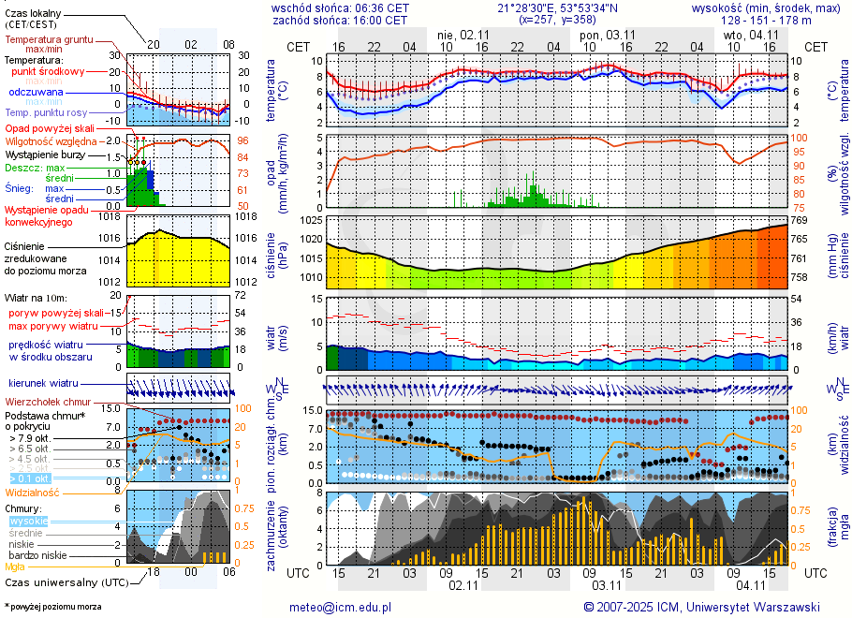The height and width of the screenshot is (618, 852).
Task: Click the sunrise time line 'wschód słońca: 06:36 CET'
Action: tap(340, 7)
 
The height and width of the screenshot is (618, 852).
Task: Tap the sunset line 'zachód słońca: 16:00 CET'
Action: tap(340, 20)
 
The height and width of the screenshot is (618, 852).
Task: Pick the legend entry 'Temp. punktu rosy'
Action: tap(44, 112)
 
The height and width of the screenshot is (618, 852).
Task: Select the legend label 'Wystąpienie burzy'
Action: tap(47, 154)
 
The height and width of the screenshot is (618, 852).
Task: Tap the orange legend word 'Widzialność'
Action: tap(33, 492)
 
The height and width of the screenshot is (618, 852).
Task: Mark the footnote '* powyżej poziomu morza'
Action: tap(52, 607)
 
